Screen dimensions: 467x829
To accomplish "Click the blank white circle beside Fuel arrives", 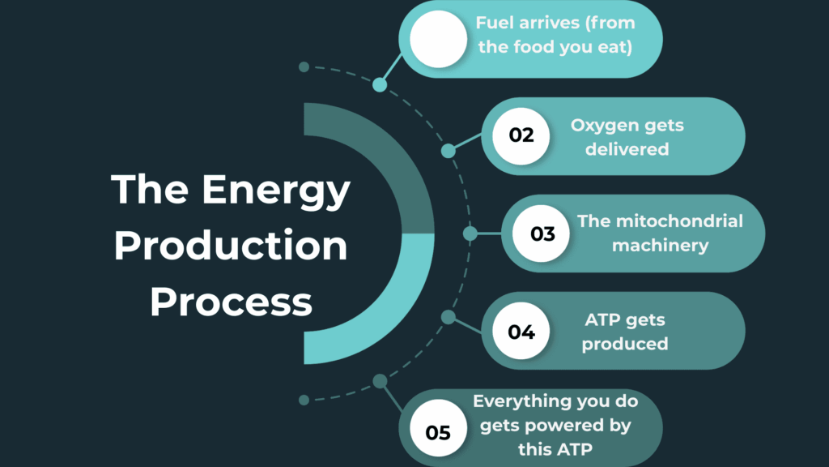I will click(438, 39).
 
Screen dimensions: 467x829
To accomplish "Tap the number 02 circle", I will click(521, 135).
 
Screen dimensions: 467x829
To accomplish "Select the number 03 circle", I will click(542, 233).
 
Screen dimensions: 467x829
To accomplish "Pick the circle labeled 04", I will click(521, 331).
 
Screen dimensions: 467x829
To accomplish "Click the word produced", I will click(624, 344).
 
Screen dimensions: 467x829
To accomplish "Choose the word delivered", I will click(627, 149).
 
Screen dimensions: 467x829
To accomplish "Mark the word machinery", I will click(660, 245).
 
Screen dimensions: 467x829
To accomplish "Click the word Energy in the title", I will click(276, 191).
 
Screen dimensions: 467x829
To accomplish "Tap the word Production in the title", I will click(231, 246).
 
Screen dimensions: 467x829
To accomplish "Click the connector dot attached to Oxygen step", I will click(449, 151).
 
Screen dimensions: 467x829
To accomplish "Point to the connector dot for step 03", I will click(470, 233).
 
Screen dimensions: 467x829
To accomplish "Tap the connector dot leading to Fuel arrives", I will click(380, 84).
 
